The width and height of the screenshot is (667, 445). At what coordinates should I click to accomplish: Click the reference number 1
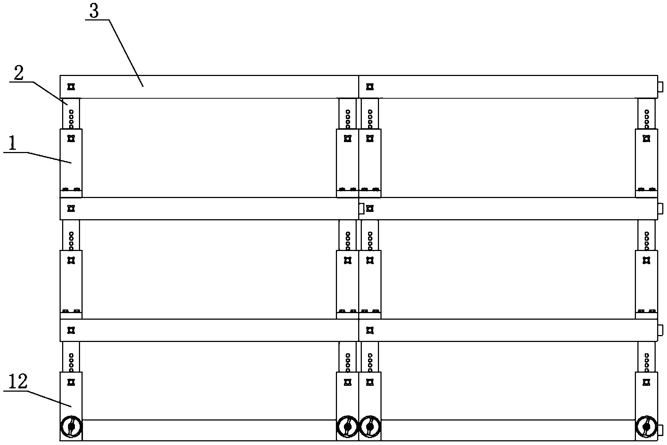click(13, 144)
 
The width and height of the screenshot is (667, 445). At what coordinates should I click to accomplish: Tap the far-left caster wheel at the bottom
click(71, 426)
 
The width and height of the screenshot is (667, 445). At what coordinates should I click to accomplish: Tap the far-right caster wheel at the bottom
click(646, 426)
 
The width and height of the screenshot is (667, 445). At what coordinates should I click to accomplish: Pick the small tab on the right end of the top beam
click(660, 87)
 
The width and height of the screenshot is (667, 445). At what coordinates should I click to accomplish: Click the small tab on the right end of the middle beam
click(660, 209)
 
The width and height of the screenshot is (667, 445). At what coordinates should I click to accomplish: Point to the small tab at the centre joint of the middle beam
click(362, 209)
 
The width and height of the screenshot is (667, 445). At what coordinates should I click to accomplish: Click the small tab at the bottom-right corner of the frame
click(660, 430)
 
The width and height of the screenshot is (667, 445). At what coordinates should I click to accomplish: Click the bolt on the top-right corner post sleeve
click(646, 139)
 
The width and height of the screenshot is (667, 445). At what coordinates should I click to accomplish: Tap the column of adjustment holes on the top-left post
click(71, 119)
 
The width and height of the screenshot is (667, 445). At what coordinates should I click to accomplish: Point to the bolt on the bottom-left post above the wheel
click(71, 382)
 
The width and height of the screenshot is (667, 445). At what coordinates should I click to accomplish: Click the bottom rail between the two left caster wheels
click(209, 430)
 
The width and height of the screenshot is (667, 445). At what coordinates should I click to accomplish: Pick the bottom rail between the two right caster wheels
click(508, 430)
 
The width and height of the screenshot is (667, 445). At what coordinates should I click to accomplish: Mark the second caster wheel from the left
click(348, 426)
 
